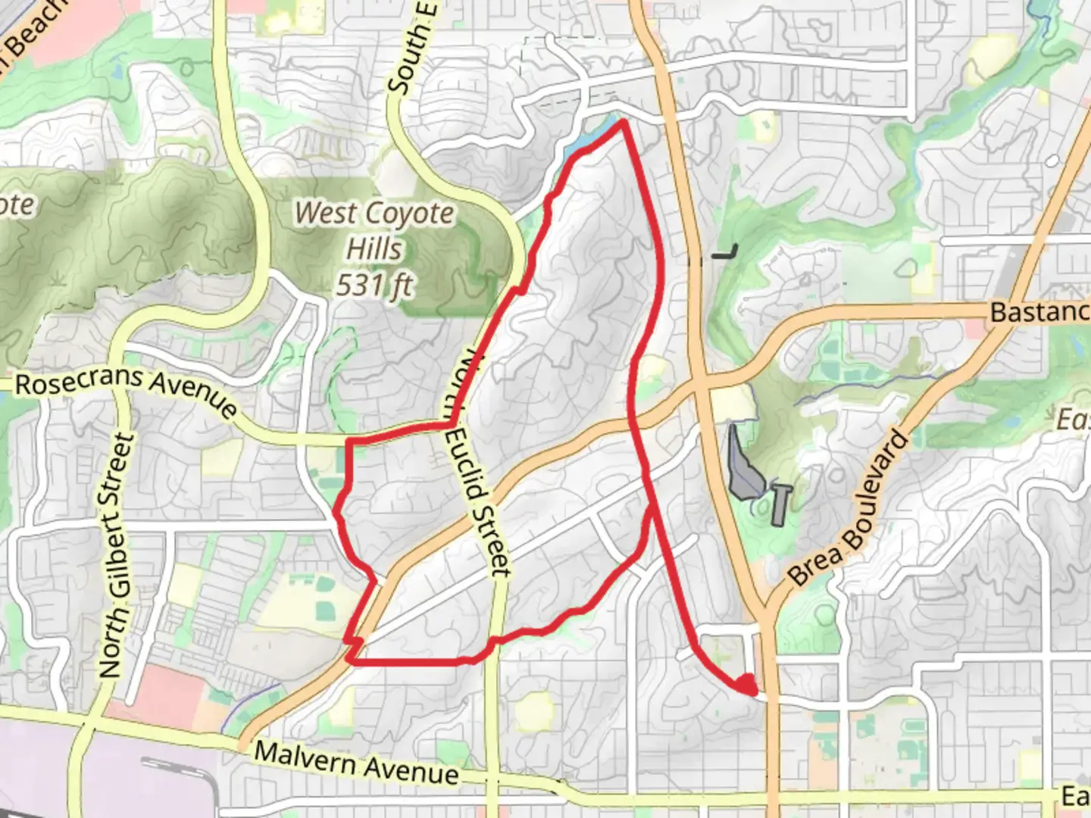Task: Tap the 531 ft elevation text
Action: tap(374, 286)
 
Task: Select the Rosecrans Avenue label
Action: tap(126, 391)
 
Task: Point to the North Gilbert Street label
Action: tap(115, 555)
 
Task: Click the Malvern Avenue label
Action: tap(356, 762)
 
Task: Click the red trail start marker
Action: tap(747, 684)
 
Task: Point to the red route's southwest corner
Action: tap(351, 661)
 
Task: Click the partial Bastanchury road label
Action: tap(1038, 311)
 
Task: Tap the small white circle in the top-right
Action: tap(1052, 161)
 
